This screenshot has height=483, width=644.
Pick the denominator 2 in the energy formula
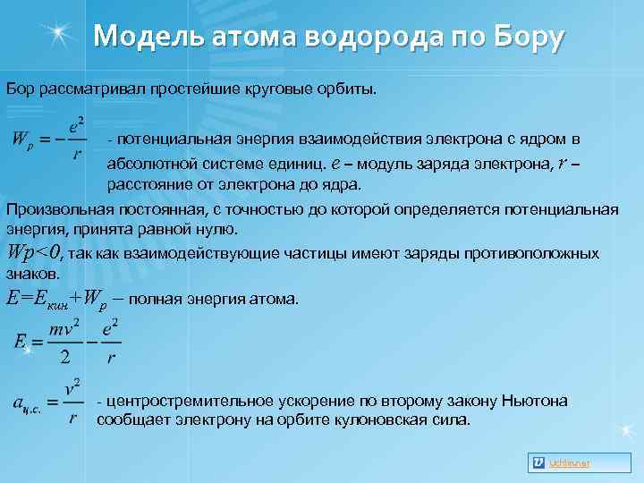click(x=64, y=357)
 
